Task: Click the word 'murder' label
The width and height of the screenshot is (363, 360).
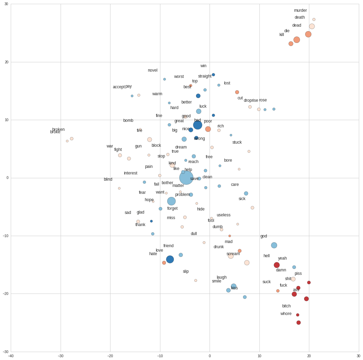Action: pyautogui.click(x=300, y=10)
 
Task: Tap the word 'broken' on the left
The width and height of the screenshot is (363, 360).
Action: pyautogui.click(x=58, y=129)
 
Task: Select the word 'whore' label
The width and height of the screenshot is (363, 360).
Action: pyautogui.click(x=286, y=314)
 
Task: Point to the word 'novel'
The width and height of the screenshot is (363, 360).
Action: pyautogui.click(x=152, y=70)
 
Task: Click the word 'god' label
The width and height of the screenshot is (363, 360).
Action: pyautogui.click(x=264, y=236)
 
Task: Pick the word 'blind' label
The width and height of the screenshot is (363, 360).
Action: pyautogui.click(x=108, y=179)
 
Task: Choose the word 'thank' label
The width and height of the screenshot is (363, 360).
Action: pyautogui.click(x=140, y=225)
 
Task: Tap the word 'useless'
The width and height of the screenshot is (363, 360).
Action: pyautogui.click(x=223, y=215)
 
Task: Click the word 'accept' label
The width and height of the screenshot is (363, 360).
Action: pyautogui.click(x=118, y=87)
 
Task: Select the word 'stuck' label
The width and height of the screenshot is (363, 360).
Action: pyautogui.click(x=237, y=142)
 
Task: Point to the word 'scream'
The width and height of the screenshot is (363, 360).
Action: pyautogui.click(x=233, y=254)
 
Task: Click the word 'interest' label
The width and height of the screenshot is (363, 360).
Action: pyautogui.click(x=131, y=173)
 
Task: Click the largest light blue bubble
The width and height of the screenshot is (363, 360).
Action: pyautogui.click(x=186, y=178)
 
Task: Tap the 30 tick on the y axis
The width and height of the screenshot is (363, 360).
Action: pyautogui.click(x=7, y=4)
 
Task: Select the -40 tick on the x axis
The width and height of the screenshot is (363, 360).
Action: pyautogui.click(x=11, y=355)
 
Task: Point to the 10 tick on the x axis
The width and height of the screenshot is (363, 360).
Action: pyautogui.click(x=259, y=355)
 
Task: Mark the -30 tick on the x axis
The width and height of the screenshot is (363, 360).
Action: pyautogui.click(x=61, y=355)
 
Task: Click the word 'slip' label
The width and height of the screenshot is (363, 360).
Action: pyautogui.click(x=186, y=271)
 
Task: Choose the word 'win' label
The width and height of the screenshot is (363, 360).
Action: pyautogui.click(x=203, y=66)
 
